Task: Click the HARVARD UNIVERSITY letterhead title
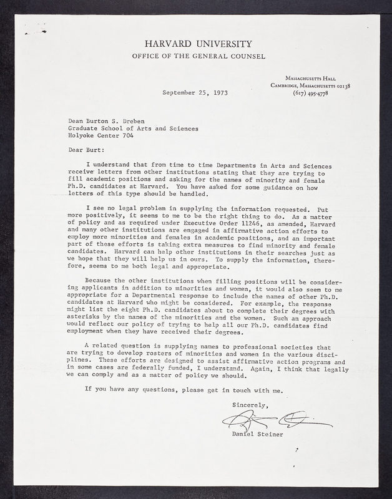(x=198, y=44)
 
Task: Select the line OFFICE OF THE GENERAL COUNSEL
(x=198, y=56)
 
